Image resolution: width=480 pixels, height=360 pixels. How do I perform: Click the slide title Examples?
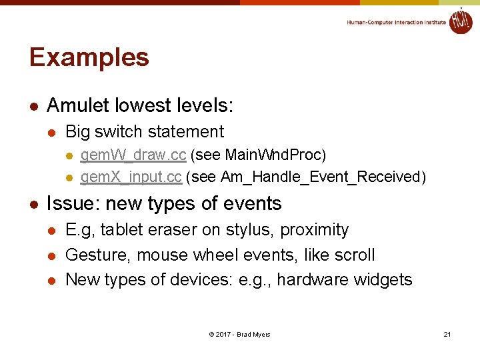tap(89, 57)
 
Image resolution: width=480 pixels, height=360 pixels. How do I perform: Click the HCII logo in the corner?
tap(460, 21)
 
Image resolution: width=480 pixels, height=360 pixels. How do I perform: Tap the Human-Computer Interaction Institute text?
tap(396, 23)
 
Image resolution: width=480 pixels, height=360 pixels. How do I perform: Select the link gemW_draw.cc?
tap(133, 155)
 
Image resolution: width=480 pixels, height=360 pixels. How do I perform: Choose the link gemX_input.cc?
tap(131, 177)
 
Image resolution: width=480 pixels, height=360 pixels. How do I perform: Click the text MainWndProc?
tap(273, 155)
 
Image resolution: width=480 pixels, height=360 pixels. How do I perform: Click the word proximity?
tap(314, 230)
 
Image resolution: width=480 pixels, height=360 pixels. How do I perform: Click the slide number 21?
tap(447, 334)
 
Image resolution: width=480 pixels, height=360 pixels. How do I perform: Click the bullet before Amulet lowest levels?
tap(34, 106)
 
